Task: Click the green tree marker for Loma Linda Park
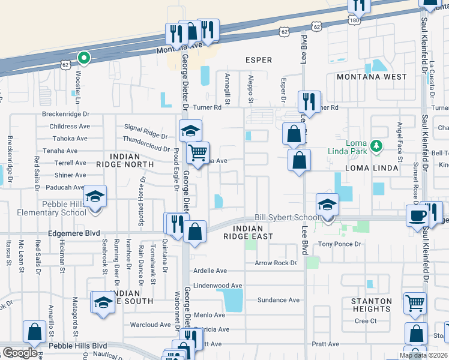376,145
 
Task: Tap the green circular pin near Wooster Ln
84,58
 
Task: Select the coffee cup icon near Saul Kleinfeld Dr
417,216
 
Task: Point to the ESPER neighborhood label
259,60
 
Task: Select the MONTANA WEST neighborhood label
371,77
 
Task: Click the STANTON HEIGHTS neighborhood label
372,305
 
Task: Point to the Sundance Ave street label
278,300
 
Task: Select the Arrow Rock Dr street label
276,263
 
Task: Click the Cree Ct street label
365,321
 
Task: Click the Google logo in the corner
20,353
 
